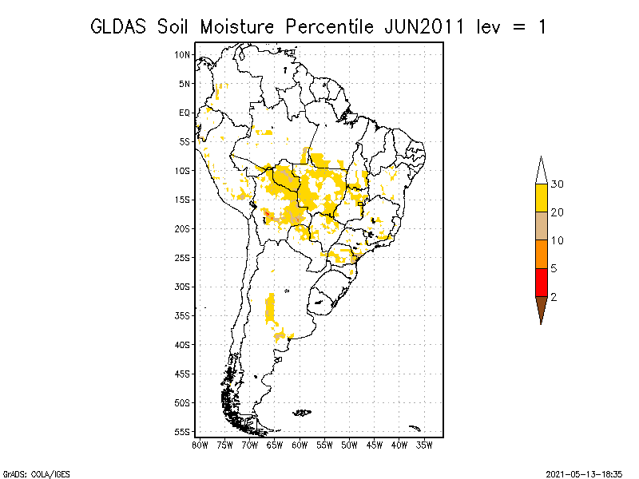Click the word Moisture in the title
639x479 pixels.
coord(236,27)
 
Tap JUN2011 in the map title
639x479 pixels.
coord(424,27)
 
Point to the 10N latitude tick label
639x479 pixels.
coord(182,54)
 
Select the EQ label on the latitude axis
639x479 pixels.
coord(185,113)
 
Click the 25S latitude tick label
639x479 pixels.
coord(182,258)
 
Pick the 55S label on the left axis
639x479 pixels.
coord(182,432)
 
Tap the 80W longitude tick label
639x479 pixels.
coord(200,445)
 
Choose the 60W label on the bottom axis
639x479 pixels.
coord(300,445)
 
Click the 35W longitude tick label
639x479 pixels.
coord(424,445)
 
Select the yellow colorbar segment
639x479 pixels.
coord(542,198)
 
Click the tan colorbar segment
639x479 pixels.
coord(542,226)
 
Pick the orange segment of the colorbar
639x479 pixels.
coord(542,254)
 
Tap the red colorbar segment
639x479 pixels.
coord(542,283)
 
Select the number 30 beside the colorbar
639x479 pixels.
coord(557,184)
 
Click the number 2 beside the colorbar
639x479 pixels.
coord(554,297)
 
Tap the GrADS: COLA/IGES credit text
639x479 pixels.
coord(37,474)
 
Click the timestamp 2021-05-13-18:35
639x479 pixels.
coord(584,474)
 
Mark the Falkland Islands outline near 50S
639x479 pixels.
coord(302,413)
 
